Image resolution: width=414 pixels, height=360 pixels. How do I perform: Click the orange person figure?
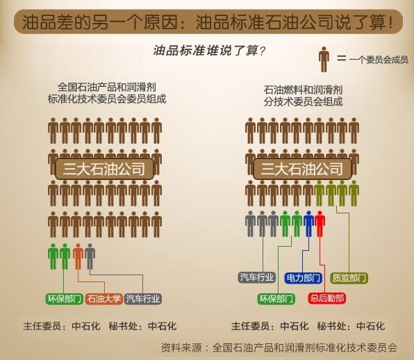coord(78,256)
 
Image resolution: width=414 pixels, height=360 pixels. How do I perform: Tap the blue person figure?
coord(308,224)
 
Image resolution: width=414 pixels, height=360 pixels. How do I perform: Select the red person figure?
coord(320,224)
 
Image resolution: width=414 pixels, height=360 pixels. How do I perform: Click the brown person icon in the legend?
coord(324,60)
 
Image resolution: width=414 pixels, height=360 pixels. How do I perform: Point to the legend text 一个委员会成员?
coord(379,60)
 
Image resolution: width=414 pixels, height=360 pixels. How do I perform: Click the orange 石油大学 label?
coord(104,299)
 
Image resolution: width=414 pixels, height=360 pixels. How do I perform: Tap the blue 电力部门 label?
coord(303,278)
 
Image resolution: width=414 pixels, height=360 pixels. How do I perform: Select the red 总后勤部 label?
coord(327,298)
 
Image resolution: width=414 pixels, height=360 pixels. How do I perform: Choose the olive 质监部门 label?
coord(349,278)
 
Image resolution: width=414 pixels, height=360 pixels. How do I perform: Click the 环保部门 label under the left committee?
coord(64,299)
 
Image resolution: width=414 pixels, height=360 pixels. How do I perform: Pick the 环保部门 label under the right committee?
coord(276,299)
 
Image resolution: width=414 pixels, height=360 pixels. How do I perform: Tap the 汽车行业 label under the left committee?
coord(143,299)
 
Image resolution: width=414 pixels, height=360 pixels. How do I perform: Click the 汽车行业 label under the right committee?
coord(256,277)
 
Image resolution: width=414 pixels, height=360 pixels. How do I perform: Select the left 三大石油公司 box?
coord(105,169)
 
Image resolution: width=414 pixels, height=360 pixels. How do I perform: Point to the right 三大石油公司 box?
coord(302,169)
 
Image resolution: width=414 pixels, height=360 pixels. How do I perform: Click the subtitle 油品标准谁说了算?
coord(209,51)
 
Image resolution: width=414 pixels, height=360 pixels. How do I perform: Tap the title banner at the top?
coord(208,22)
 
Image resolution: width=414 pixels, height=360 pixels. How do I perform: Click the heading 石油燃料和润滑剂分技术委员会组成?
coord(303,96)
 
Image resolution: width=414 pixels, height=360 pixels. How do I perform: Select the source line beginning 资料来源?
coord(279,347)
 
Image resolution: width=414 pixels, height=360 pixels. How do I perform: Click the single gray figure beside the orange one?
coord(90,256)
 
